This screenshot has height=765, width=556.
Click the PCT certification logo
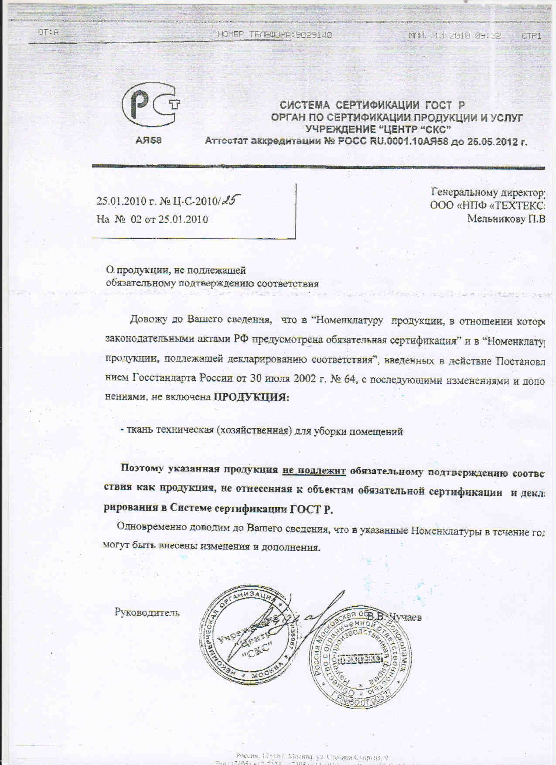click(x=151, y=106)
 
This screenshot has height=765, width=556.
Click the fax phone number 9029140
click(x=314, y=35)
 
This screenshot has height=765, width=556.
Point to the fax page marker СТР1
click(x=532, y=36)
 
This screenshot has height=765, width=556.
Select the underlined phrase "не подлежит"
click(x=314, y=470)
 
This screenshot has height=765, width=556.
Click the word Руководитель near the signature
click(x=147, y=612)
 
